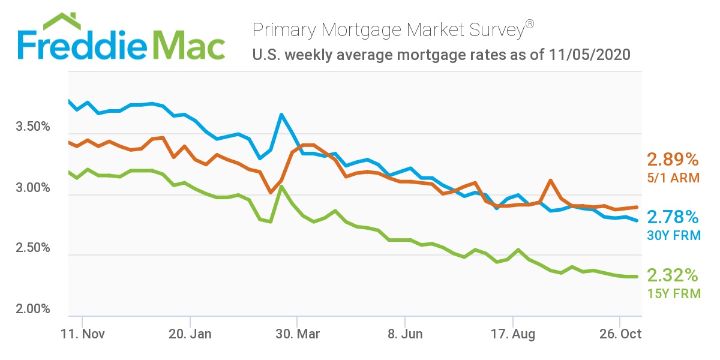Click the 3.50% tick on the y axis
click(x=31, y=128)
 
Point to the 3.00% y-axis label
click(x=31, y=188)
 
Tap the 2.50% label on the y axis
click(x=31, y=248)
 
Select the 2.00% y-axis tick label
click(x=31, y=309)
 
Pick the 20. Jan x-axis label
click(x=191, y=334)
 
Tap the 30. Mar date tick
click(x=298, y=334)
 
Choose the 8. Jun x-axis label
click(x=406, y=334)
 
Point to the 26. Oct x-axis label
click(x=620, y=334)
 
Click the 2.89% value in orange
click(x=673, y=160)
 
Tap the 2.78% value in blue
click(x=673, y=217)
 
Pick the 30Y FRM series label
click(x=673, y=236)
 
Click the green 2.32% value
click(x=673, y=275)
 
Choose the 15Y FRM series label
click(x=673, y=293)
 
